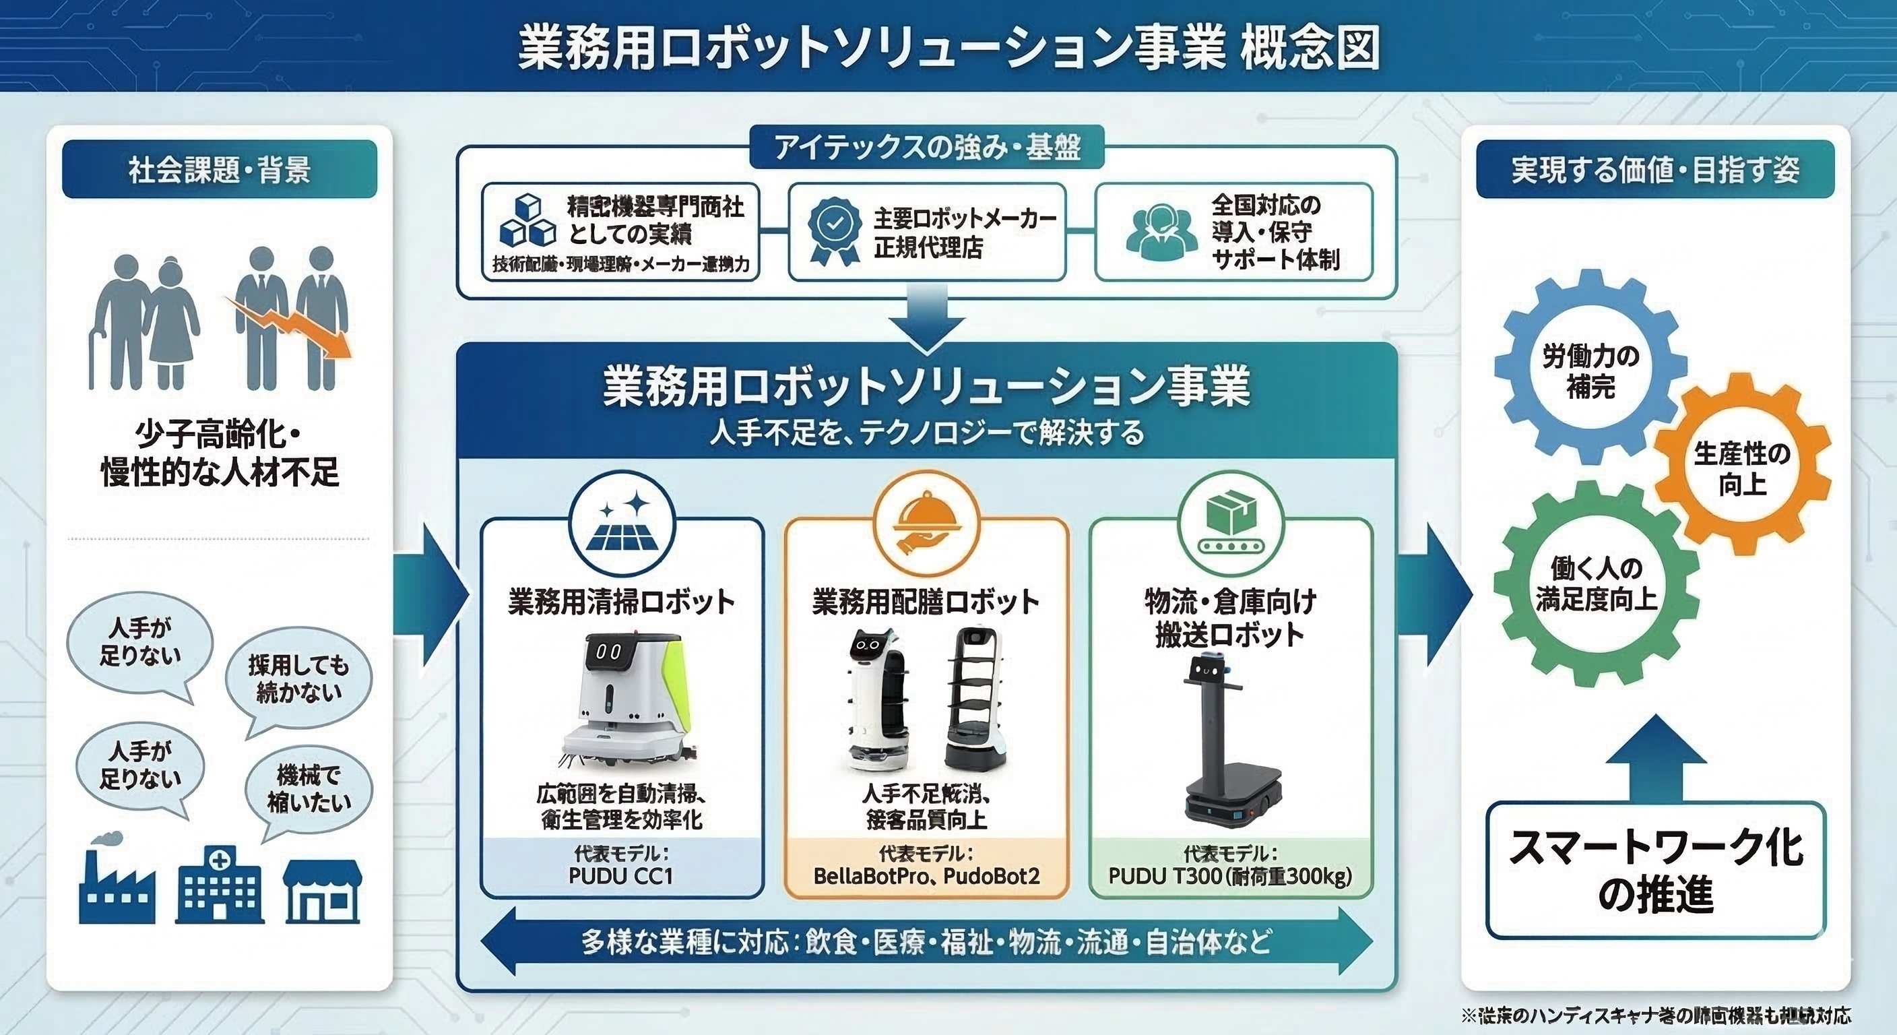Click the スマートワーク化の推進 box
point(1654,870)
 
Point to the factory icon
point(117,887)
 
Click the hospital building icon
point(220,887)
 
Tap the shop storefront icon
point(323,891)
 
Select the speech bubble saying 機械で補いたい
point(309,789)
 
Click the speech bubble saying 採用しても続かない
point(298,679)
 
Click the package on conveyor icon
point(1231,522)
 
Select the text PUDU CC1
point(621,876)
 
